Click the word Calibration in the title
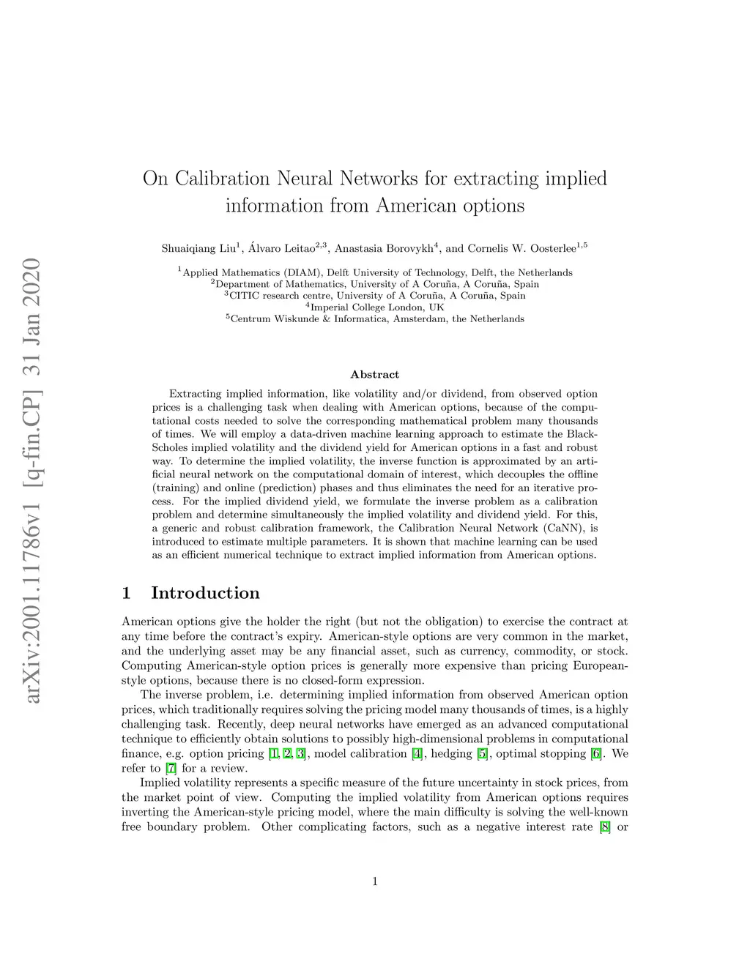tap(223, 179)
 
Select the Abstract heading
tap(375, 375)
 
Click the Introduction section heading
tap(205, 593)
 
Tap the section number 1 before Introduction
tap(127, 593)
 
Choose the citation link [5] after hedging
tap(483, 753)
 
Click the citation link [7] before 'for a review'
tap(171, 768)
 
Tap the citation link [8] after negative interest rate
tap(605, 827)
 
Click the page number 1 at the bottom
tap(375, 881)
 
